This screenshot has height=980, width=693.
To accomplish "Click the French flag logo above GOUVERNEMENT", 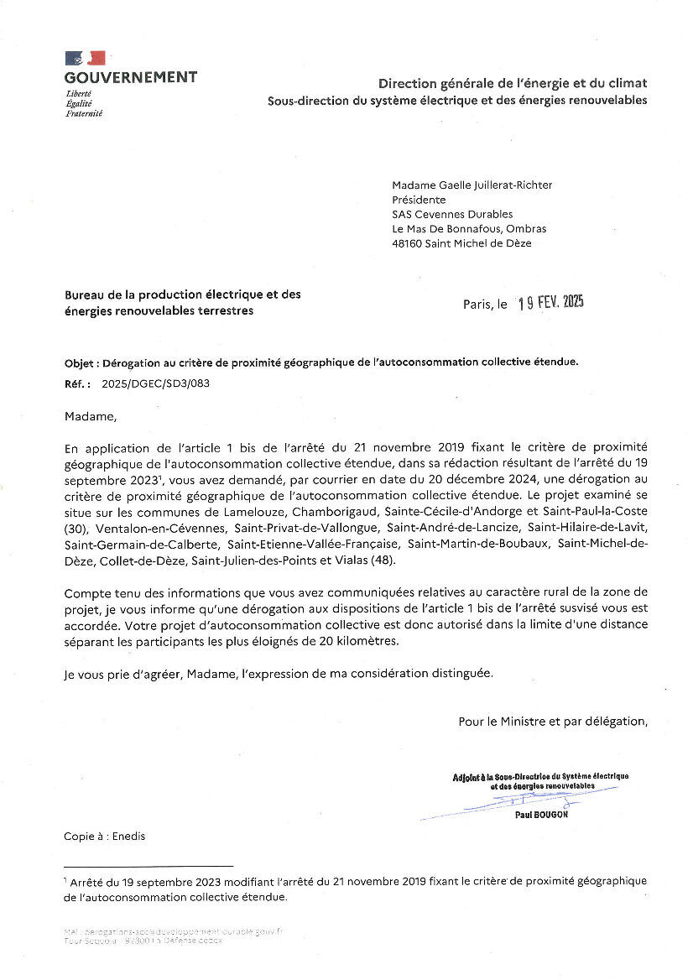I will (85, 58).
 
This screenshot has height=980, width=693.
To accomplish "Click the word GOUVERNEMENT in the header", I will (131, 77).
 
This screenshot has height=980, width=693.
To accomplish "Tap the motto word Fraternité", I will (84, 113).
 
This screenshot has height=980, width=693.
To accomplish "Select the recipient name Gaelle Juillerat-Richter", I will (495, 185).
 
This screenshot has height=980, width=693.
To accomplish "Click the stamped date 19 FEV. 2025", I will (550, 303).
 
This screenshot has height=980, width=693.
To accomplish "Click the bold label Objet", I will (81, 362).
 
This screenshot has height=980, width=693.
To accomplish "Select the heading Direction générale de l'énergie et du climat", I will (512, 83).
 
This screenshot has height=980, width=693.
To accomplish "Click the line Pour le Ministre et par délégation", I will (552, 721).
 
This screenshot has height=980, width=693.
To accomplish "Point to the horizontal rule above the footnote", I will (148, 865).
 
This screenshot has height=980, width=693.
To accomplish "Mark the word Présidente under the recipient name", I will (419, 200).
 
